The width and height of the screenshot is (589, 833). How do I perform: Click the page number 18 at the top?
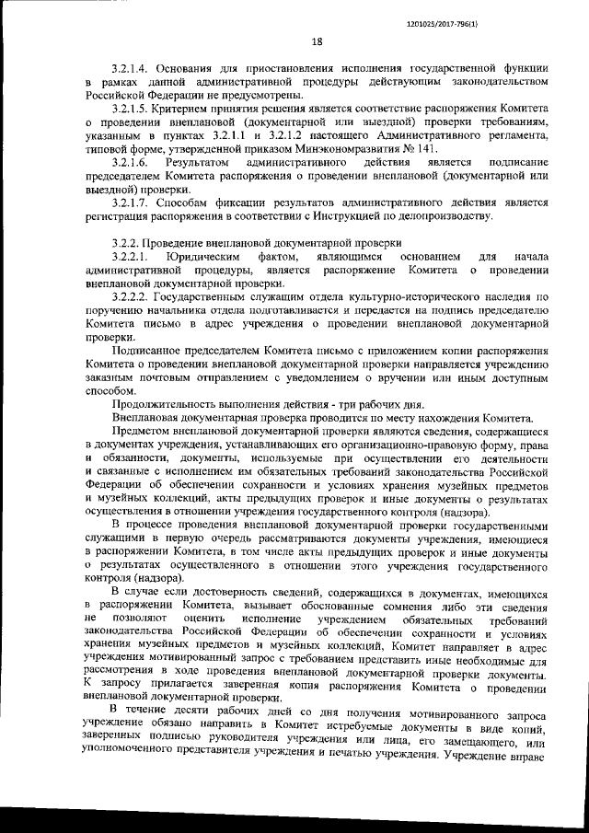coord(318,41)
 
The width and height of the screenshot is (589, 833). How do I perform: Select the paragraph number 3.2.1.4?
coord(130,69)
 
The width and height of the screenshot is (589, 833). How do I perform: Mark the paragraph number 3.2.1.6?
coord(130,162)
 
